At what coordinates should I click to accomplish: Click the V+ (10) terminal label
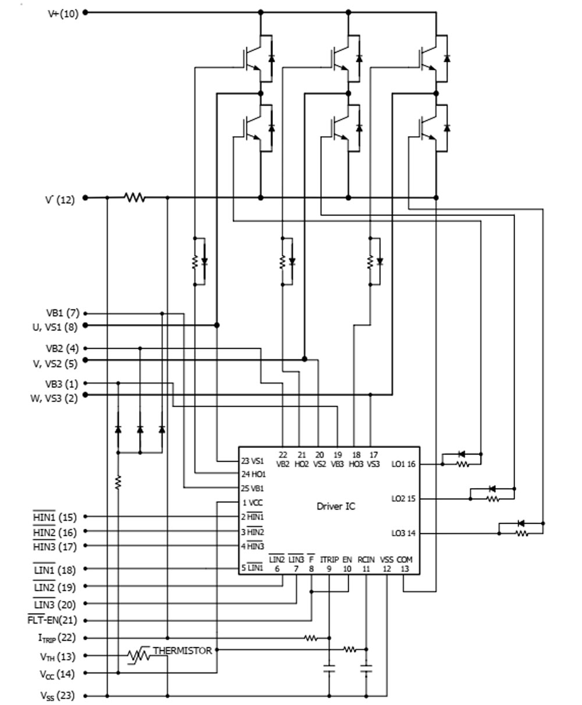click(63, 14)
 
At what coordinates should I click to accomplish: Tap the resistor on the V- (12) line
click(135, 197)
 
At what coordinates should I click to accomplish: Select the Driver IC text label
click(336, 506)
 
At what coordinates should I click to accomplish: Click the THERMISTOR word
click(182, 651)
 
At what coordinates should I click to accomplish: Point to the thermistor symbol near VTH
click(139, 656)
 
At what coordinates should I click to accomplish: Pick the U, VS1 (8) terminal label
click(55, 327)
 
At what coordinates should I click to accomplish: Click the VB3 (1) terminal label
click(62, 384)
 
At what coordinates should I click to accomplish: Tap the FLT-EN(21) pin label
click(52, 620)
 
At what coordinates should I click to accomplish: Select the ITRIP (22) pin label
click(57, 638)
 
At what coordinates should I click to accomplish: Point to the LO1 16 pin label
click(403, 464)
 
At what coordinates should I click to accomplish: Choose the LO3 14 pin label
click(403, 533)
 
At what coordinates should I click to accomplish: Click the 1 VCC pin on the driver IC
click(253, 503)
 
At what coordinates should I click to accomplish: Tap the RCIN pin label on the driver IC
click(366, 560)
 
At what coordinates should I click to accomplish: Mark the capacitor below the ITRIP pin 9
click(329, 668)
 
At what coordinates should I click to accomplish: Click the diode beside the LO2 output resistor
click(492, 489)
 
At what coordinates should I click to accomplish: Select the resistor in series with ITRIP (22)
click(311, 638)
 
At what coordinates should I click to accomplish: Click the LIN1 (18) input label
click(55, 570)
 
